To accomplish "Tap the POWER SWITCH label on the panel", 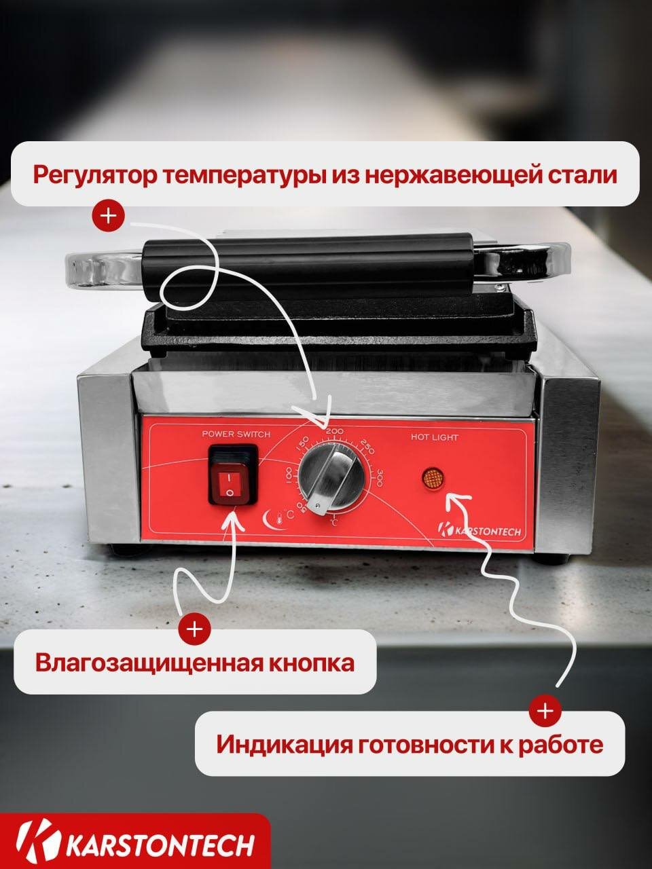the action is (x=236, y=434).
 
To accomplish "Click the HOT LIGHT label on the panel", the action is (x=434, y=438).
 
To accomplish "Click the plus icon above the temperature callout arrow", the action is (x=109, y=216).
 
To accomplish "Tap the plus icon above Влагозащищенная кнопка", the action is (x=194, y=629).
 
